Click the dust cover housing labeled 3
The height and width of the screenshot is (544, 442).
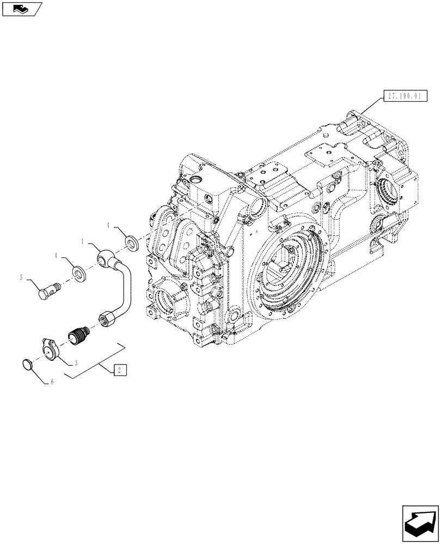coord(51,347)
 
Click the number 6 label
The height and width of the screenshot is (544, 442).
coord(52,382)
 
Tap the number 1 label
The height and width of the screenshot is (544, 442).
coord(83,240)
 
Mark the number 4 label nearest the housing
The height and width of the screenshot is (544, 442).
coord(108,225)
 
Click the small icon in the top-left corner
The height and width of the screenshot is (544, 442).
coord(21,8)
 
